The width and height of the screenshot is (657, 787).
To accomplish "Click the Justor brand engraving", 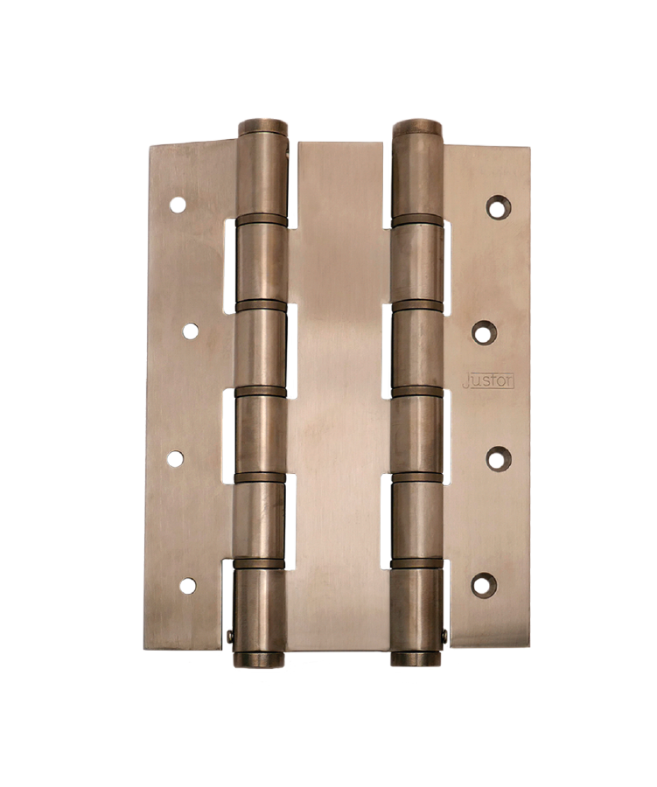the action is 488,381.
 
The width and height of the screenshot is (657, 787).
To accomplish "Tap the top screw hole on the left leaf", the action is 178,205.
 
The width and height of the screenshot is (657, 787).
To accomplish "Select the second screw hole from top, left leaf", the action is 191,331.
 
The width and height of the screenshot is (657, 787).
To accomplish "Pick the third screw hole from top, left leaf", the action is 175,459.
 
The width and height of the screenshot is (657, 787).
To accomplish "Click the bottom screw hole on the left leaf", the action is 188,586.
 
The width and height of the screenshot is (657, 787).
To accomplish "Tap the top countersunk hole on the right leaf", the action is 499,206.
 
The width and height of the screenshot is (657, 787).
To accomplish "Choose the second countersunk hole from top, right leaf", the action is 484,332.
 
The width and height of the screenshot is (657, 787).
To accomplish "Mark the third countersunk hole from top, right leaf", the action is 499,459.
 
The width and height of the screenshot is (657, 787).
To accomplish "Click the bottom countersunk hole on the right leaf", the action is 484,585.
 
